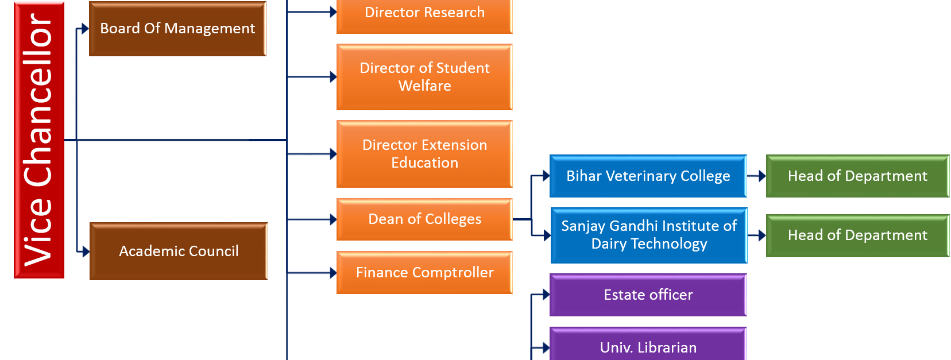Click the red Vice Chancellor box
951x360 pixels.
click(38, 140)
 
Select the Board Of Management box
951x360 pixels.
click(177, 29)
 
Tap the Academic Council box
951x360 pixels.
click(179, 251)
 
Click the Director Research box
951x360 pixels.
click(424, 14)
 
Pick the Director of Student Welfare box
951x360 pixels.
click(424, 77)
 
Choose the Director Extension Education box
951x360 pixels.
click(424, 154)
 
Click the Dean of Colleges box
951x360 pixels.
click(424, 219)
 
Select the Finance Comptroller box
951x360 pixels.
click(424, 273)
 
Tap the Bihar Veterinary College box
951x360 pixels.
click(648, 176)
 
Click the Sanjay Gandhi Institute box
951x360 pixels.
click(649, 235)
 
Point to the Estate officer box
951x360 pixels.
click(648, 295)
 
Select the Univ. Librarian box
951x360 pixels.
click(648, 346)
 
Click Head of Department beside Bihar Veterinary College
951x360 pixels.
click(857, 176)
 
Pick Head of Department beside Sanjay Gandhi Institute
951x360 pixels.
click(857, 235)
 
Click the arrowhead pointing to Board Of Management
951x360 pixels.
click(86, 29)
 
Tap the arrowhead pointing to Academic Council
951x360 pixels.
click(86, 251)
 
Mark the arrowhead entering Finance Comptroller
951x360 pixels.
click(333, 273)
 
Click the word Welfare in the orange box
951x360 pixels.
click(424, 86)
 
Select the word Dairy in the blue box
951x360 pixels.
click(609, 244)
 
